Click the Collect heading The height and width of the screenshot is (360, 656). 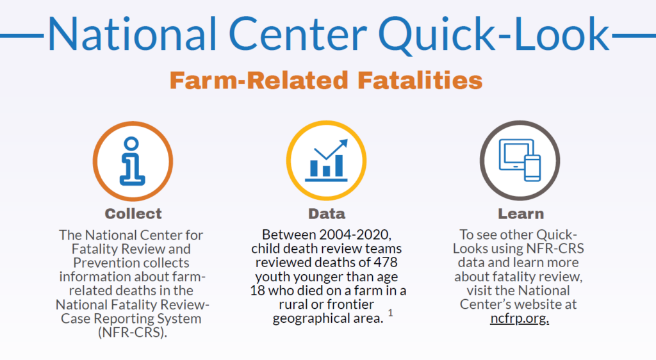133,213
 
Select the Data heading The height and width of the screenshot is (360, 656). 327,213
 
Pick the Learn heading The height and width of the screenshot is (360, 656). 520,213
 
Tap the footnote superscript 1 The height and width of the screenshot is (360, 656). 389,314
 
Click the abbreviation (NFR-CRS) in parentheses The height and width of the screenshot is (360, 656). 133,332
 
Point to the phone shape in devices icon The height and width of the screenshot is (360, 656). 532,168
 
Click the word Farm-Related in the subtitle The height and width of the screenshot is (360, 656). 259,81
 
